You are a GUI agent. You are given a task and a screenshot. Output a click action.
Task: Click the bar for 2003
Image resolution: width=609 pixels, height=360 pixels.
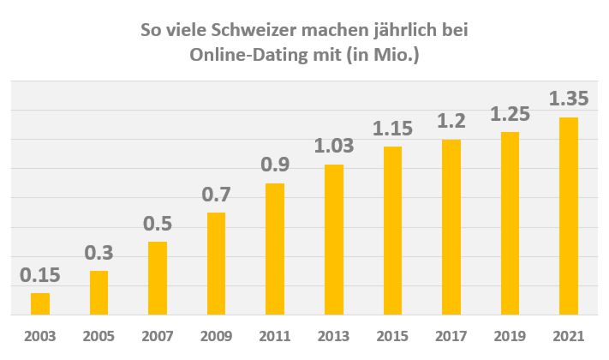(40, 304)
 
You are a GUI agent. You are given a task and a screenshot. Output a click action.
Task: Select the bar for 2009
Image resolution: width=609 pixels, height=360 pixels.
(217, 264)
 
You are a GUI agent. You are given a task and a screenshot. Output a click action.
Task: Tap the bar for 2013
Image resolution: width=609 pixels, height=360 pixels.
(334, 240)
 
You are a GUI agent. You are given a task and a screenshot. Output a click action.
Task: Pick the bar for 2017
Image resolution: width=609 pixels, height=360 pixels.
(451, 227)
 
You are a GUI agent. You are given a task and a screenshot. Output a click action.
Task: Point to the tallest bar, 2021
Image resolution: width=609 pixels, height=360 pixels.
(569, 216)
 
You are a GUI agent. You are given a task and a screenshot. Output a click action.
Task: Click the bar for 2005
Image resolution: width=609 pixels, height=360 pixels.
(99, 293)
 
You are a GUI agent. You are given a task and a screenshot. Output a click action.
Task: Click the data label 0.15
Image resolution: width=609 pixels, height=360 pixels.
(40, 276)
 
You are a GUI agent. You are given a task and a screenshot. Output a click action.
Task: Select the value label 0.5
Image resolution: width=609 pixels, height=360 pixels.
(158, 225)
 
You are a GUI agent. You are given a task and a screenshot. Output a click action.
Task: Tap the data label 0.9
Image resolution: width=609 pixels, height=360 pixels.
(275, 166)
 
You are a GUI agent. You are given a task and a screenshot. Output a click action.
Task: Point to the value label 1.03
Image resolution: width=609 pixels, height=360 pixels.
(334, 147)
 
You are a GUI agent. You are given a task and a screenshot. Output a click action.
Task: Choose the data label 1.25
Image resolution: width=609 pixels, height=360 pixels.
(510, 114)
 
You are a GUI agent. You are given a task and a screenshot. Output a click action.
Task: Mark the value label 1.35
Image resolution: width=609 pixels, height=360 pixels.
(569, 99)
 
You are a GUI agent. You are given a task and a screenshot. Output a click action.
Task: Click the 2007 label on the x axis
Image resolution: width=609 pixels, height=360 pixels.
(158, 336)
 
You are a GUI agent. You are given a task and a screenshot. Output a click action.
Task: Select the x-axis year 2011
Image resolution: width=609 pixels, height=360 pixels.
(275, 336)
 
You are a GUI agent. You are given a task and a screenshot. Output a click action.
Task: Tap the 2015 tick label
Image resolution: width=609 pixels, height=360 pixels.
(392, 336)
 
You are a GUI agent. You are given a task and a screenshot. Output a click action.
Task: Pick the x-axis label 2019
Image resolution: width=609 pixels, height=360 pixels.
(510, 336)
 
